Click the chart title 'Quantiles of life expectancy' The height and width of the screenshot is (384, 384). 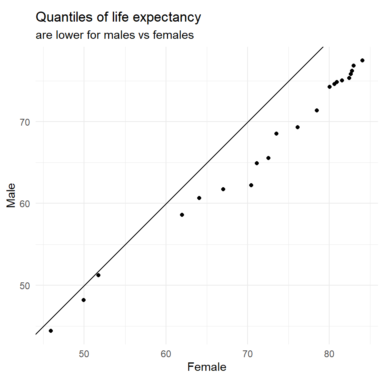pyautogui.click(x=118, y=18)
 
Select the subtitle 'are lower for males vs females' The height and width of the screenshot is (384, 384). pyautogui.click(x=115, y=36)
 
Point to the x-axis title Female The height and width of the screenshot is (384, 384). pyautogui.click(x=207, y=367)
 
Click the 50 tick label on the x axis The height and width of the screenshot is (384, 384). pyautogui.click(x=84, y=354)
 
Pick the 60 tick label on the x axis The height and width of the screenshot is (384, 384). pyautogui.click(x=166, y=354)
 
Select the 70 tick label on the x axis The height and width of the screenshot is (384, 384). pyautogui.click(x=248, y=354)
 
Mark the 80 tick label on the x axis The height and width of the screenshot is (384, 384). pyautogui.click(x=329, y=354)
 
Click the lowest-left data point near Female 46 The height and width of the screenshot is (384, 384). pyautogui.click(x=51, y=331)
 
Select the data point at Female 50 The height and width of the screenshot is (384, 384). pyautogui.click(x=84, y=300)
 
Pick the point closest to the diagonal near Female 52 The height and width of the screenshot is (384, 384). pyautogui.click(x=98, y=275)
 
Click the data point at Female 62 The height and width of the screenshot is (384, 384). pyautogui.click(x=182, y=215)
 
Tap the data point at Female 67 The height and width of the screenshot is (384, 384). pyautogui.click(x=223, y=189)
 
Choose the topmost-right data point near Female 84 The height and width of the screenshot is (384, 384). pyautogui.click(x=362, y=60)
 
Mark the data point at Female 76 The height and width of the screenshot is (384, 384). pyautogui.click(x=298, y=127)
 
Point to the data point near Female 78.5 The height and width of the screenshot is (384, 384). pyautogui.click(x=317, y=110)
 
